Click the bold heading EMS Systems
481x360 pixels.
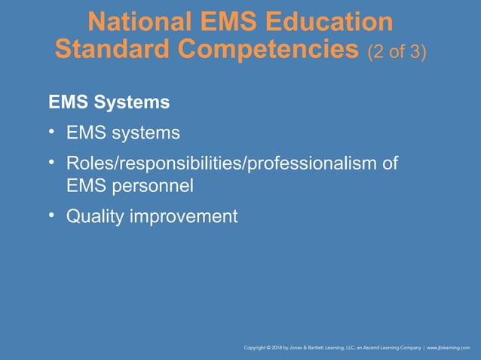pos(109,100)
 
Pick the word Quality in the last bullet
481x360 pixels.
pos(94,217)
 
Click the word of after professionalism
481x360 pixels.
pos(388,163)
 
